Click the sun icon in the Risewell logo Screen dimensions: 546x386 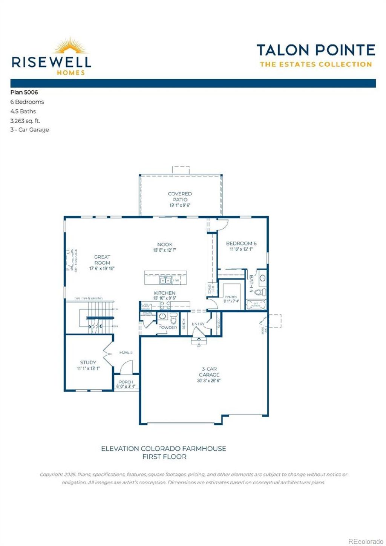click(70, 46)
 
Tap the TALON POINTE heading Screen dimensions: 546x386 click(316, 50)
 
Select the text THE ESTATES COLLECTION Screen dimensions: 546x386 click(316, 64)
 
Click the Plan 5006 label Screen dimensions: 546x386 click(24, 92)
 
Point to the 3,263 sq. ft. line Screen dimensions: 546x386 click(25, 121)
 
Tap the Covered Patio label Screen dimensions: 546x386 click(180, 196)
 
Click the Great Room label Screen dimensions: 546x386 click(102, 260)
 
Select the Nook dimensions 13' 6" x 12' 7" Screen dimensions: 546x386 click(165, 250)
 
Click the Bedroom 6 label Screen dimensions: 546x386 click(241, 243)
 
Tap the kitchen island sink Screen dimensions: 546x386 click(165, 280)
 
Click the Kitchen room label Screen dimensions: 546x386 click(165, 293)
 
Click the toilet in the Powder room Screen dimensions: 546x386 click(173, 319)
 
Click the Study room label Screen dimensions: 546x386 click(88, 362)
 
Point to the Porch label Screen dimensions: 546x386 click(126, 382)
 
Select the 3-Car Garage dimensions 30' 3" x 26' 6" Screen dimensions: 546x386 click(209, 381)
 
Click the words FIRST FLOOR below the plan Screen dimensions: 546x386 click(164, 457)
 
